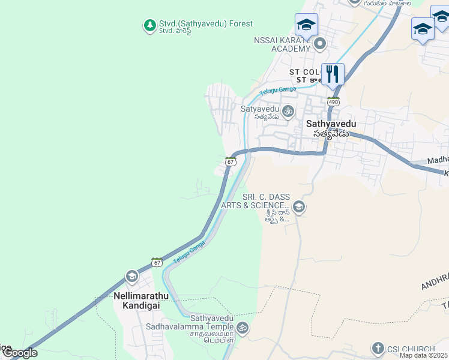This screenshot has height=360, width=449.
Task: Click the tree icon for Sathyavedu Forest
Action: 149,25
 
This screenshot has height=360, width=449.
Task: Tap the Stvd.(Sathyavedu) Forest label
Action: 205,24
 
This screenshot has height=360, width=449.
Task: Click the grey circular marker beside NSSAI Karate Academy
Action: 320,43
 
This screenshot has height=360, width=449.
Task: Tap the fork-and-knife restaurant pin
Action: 333,74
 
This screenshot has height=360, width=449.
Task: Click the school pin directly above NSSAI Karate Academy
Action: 306,25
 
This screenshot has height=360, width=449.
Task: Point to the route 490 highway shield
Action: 333,101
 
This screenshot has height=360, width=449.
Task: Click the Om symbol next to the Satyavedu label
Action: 288,110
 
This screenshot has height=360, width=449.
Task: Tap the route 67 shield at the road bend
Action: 231,161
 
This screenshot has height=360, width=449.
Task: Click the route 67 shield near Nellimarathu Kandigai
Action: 157,262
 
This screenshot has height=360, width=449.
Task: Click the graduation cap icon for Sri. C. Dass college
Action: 299,208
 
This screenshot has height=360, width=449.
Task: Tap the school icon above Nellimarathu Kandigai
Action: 131,277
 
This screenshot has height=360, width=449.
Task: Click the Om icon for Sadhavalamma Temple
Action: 242,328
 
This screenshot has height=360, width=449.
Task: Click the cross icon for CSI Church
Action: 378,347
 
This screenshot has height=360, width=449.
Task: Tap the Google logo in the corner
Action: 19,353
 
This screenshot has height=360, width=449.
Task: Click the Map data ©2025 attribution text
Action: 423,355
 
